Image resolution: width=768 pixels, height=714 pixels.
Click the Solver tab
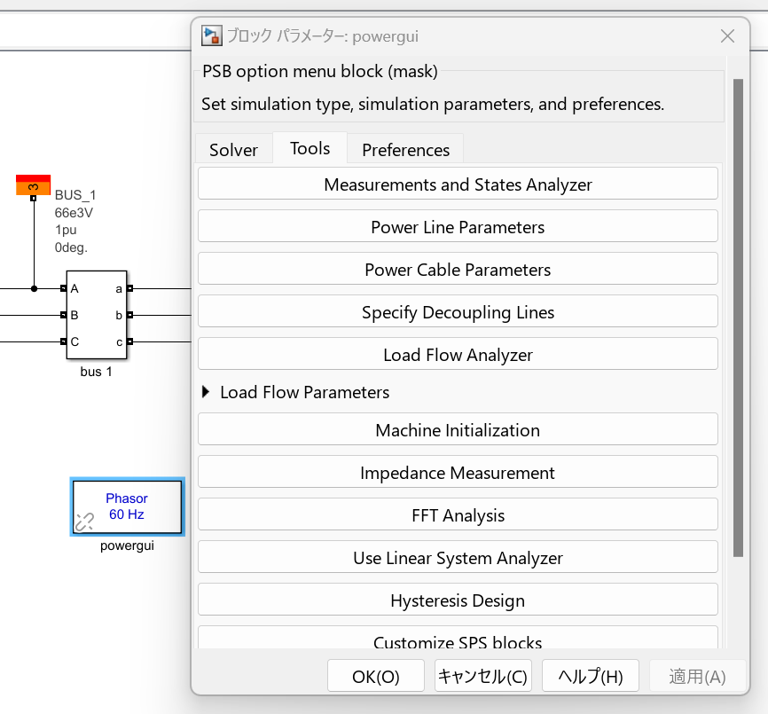pyautogui.click(x=233, y=150)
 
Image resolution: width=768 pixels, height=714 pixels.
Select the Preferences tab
pyautogui.click(x=405, y=150)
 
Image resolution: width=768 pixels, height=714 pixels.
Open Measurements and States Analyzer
pyautogui.click(x=458, y=184)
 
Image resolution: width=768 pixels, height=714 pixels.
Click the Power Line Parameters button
pyautogui.click(x=458, y=227)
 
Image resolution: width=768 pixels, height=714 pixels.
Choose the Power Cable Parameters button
pyautogui.click(x=458, y=270)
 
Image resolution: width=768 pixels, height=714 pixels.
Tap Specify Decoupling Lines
pyautogui.click(x=458, y=312)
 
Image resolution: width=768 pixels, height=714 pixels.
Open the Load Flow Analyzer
pyautogui.click(x=458, y=355)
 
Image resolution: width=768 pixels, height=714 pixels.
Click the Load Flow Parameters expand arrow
pyautogui.click(x=207, y=392)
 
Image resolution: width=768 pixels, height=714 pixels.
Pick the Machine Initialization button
pyautogui.click(x=458, y=430)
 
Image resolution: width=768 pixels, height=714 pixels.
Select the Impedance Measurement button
pyautogui.click(x=458, y=473)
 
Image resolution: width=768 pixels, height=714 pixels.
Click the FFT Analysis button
pyautogui.click(x=458, y=515)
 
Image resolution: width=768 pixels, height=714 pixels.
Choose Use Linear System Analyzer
pyautogui.click(x=458, y=558)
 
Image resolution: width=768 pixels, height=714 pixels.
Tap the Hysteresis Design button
pyautogui.click(x=458, y=600)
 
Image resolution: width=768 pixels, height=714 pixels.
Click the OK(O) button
pyautogui.click(x=376, y=677)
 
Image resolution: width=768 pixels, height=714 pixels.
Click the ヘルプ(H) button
pyautogui.click(x=590, y=677)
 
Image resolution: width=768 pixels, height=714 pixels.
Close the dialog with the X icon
pyautogui.click(x=727, y=36)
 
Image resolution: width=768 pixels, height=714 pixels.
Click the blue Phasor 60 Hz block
pyautogui.click(x=127, y=506)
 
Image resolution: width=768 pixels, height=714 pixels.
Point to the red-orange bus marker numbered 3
pyautogui.click(x=33, y=185)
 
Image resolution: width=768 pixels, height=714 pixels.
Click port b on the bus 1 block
pyautogui.click(x=129, y=315)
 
